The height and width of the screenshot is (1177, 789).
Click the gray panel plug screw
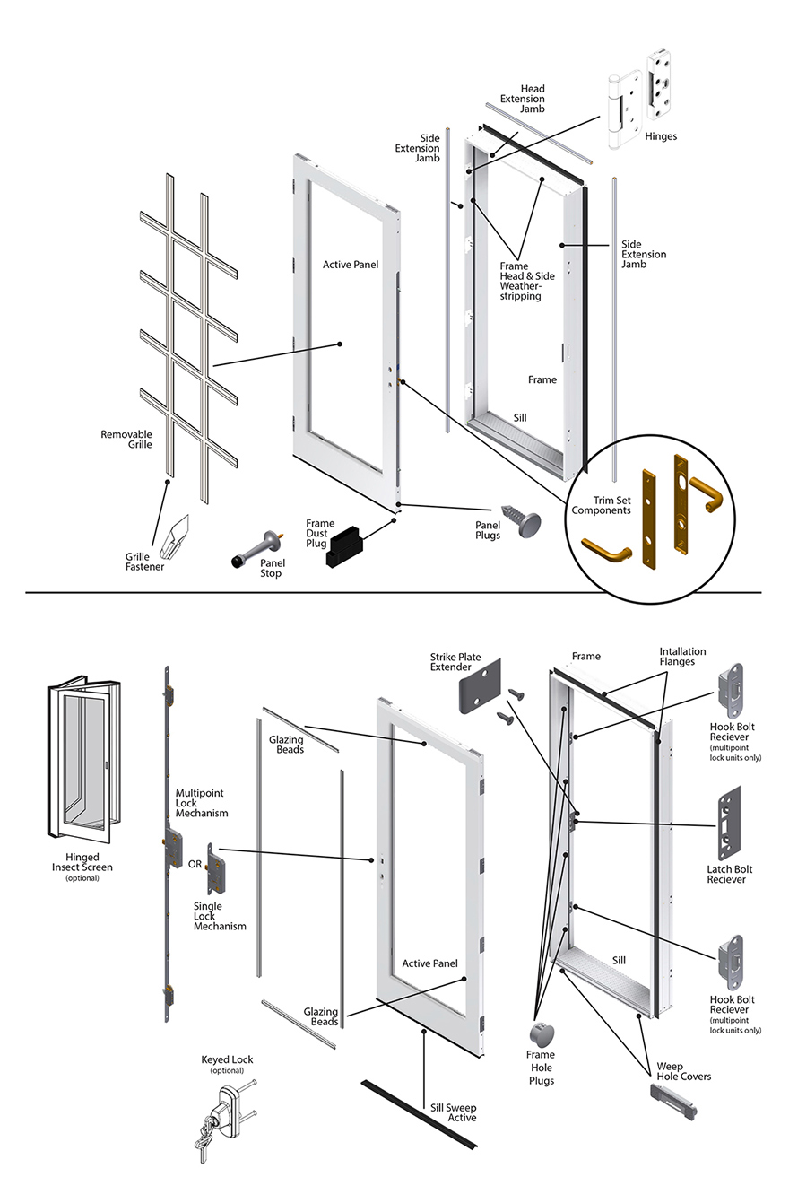[528, 521]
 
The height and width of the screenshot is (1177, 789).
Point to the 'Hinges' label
[660, 136]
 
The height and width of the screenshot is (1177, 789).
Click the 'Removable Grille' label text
[126, 439]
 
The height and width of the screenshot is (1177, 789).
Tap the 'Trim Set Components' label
[600, 505]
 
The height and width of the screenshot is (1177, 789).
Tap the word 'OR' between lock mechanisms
[195, 865]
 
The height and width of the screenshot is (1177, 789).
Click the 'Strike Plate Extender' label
[455, 663]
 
